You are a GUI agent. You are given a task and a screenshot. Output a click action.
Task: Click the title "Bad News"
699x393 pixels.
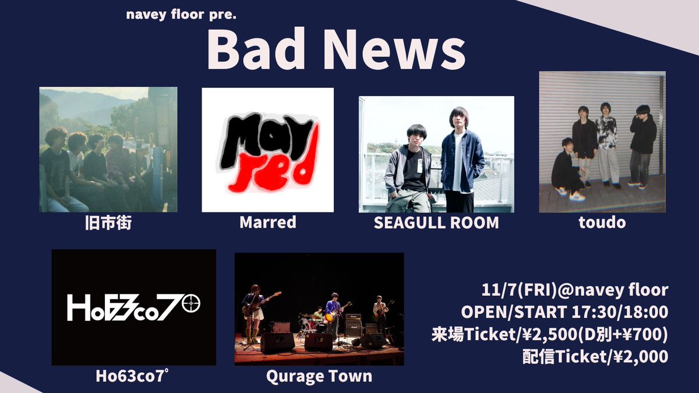point(336,51)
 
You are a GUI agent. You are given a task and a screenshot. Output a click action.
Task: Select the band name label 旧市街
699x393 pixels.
point(108,222)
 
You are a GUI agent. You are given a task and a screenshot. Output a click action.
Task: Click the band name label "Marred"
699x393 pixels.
point(268,222)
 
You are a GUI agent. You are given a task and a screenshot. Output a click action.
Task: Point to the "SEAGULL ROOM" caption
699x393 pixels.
point(437,222)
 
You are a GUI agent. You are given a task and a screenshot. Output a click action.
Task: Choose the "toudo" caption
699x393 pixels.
point(602,222)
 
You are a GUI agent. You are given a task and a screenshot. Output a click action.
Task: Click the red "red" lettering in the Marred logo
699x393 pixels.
point(274,169)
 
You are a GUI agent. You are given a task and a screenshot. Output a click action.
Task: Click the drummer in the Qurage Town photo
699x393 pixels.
point(317,316)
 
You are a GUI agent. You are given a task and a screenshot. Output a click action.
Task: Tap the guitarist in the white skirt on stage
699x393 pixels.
point(255,309)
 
